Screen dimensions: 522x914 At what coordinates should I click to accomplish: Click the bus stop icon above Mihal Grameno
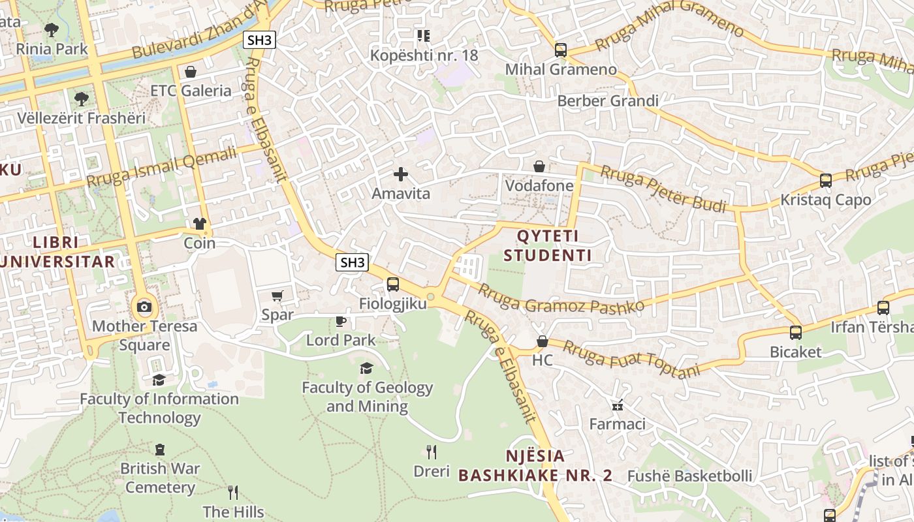(x=560, y=50)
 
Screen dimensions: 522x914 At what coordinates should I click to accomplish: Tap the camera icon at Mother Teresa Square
(x=144, y=307)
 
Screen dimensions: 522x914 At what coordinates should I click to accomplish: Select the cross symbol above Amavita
(x=401, y=174)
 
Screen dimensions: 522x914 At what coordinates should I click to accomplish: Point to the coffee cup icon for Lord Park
(x=340, y=320)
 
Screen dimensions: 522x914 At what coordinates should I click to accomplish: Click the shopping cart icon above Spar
(x=277, y=296)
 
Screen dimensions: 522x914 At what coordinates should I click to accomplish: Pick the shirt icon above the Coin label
(x=200, y=224)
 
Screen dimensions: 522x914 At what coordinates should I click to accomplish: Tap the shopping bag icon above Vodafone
(x=539, y=166)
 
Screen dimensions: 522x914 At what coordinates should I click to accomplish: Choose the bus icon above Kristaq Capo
(x=826, y=180)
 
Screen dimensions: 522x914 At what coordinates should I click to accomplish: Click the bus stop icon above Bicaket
(x=796, y=332)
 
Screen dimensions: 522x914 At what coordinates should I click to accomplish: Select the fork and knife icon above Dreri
(x=432, y=452)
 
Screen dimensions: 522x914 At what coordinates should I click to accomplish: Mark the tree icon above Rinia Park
(x=52, y=29)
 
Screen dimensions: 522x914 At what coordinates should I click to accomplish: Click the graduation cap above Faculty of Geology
(x=366, y=369)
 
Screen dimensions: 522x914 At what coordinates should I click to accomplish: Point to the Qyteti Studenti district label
(x=547, y=245)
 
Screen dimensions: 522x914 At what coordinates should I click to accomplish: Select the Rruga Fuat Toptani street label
(x=631, y=360)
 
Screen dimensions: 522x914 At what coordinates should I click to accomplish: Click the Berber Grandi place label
(x=607, y=101)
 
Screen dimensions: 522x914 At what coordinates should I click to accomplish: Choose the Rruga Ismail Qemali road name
(x=161, y=167)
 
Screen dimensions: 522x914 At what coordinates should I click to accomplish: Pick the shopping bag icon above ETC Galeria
(x=191, y=71)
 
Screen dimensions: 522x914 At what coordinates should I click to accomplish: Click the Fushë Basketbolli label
(x=689, y=476)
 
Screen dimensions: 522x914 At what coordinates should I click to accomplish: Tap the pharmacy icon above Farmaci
(x=618, y=405)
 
